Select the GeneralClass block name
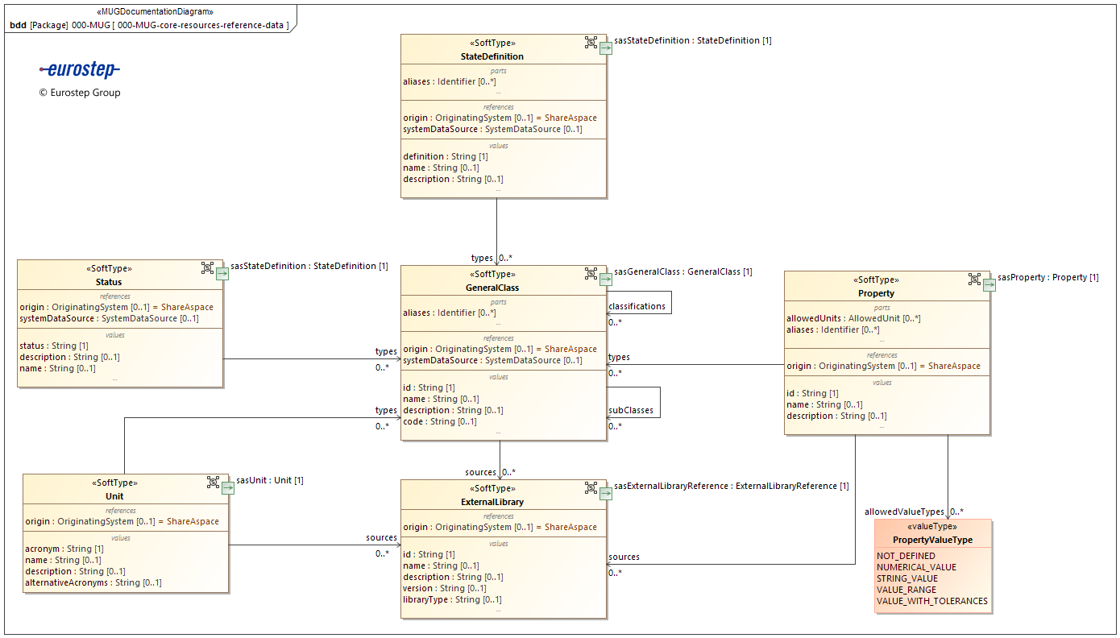492,288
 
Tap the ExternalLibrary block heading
498,502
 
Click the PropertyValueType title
932,540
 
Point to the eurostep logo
80,70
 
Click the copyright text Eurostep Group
80,93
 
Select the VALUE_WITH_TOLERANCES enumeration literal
931,601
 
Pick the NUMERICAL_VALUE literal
916,567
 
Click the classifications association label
637,306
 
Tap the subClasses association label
631,411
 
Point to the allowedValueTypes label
904,512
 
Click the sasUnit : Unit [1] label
269,481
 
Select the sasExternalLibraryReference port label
732,487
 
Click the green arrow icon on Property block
989,284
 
